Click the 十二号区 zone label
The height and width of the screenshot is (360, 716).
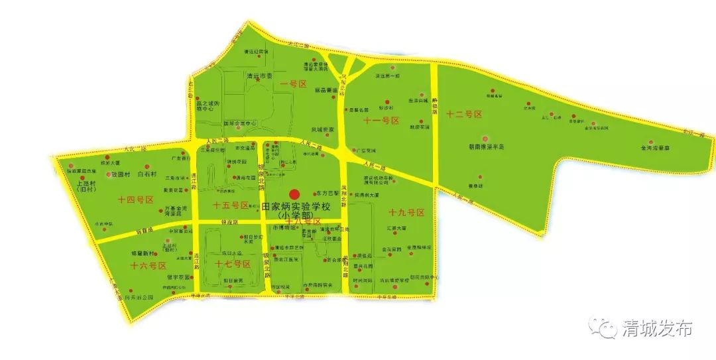pyautogui.click(x=464, y=114)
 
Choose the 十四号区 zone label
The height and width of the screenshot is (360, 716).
pyautogui.click(x=136, y=199)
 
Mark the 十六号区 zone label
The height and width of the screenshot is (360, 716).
pyautogui.click(x=147, y=265)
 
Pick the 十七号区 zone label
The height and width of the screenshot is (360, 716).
pyautogui.click(x=233, y=265)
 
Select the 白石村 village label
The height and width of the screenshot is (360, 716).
pyautogui.click(x=146, y=174)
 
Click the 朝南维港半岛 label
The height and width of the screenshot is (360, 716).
pyautogui.click(x=488, y=147)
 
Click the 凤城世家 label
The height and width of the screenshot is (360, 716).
pyautogui.click(x=323, y=129)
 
